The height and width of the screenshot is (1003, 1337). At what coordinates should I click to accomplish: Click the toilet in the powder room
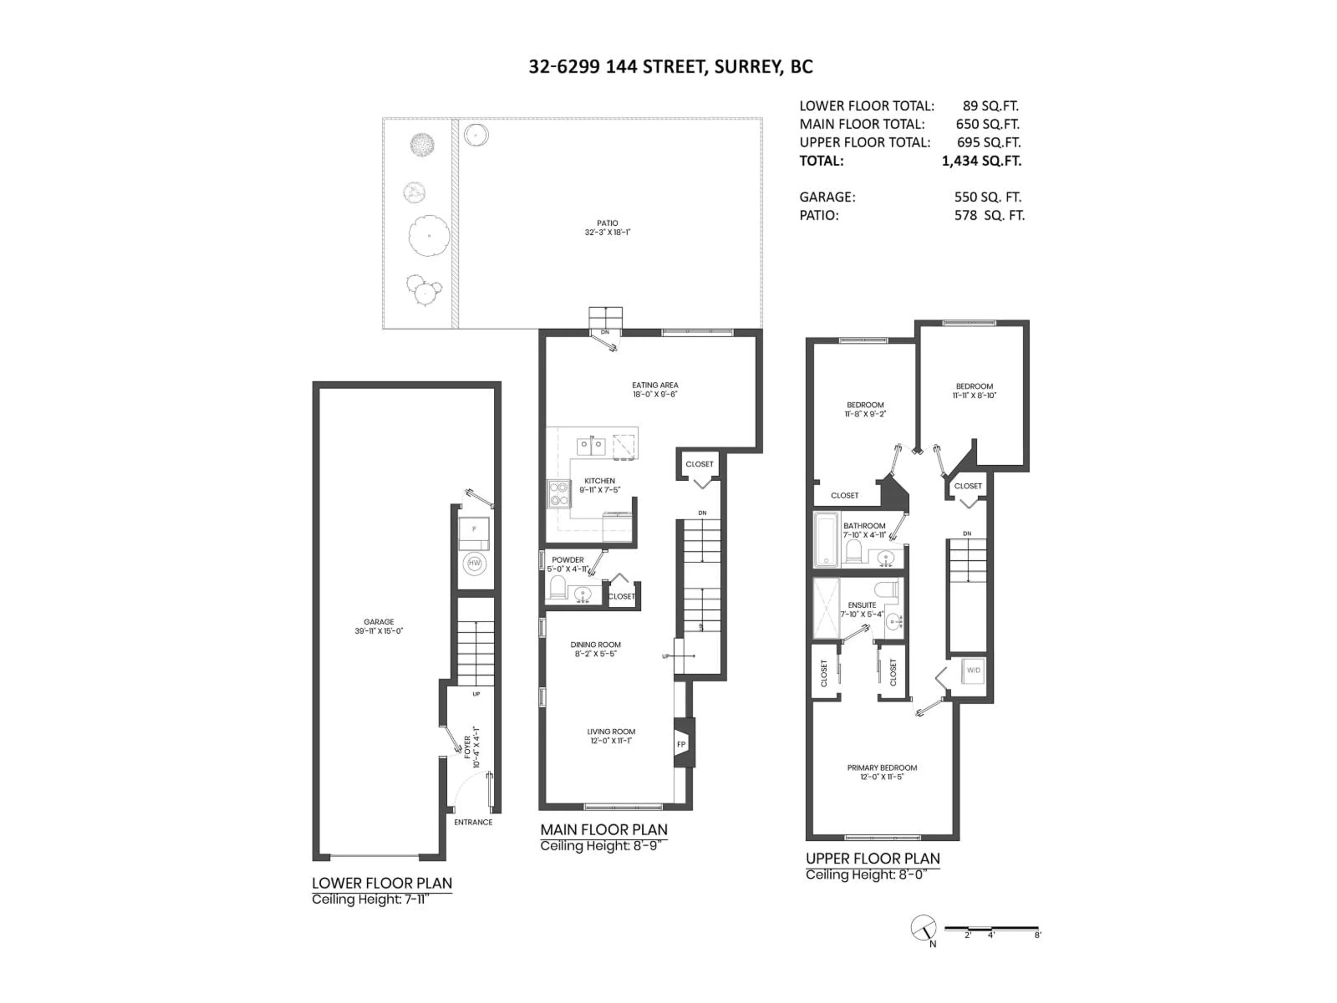[557, 586]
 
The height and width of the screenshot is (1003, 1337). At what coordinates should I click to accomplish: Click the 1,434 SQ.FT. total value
[981, 161]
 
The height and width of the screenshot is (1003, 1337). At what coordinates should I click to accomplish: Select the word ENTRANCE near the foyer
[473, 822]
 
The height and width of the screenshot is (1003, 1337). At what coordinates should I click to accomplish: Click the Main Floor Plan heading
[603, 830]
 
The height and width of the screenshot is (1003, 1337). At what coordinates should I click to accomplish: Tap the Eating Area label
[655, 385]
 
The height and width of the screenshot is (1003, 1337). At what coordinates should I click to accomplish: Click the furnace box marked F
[475, 530]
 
